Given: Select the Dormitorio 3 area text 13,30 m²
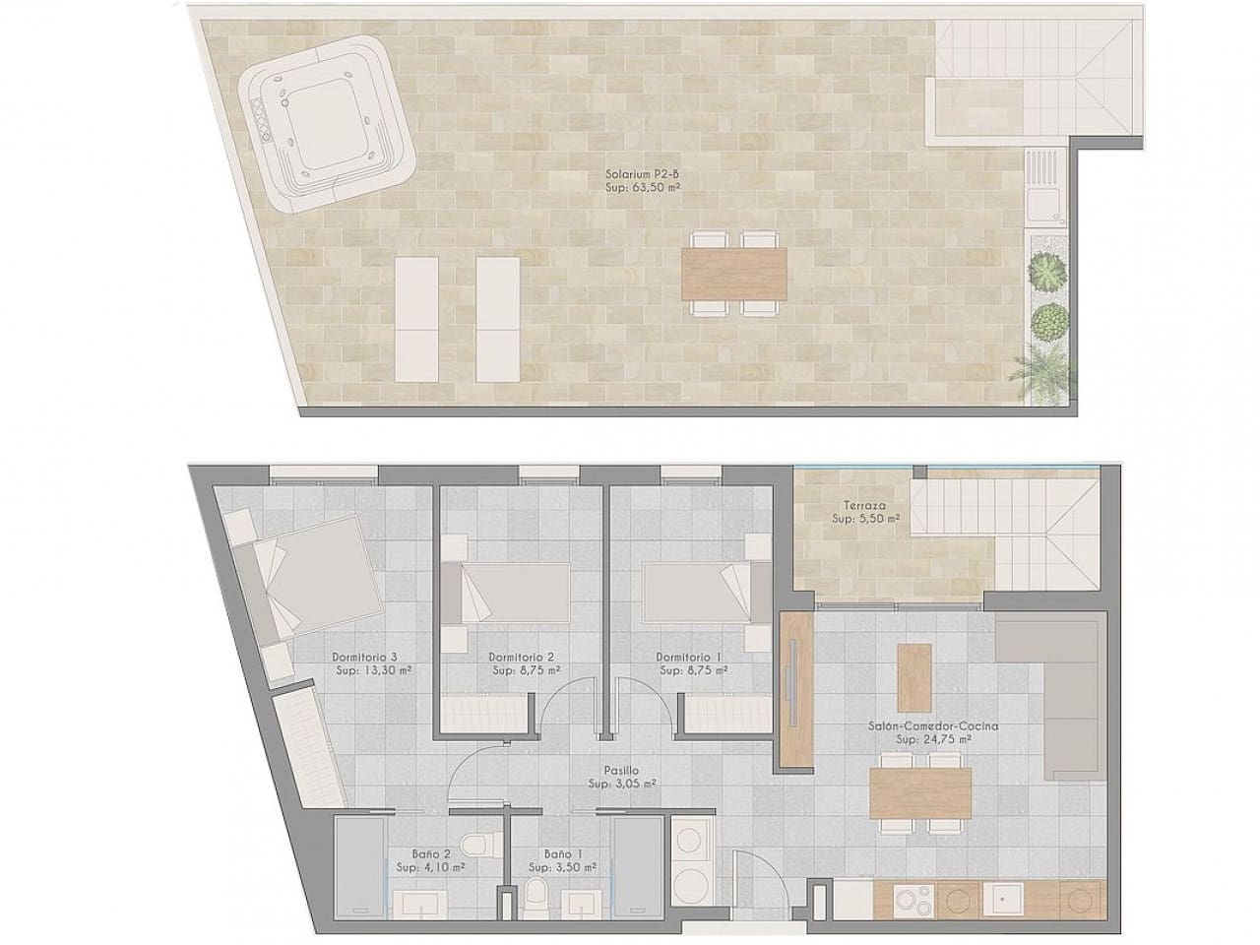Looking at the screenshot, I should tap(373, 670).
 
